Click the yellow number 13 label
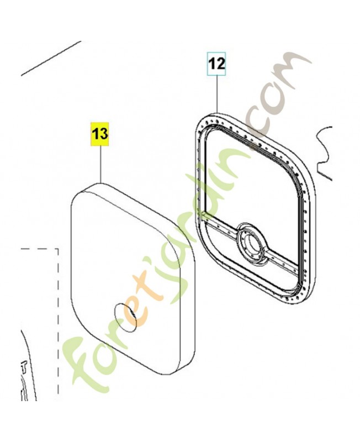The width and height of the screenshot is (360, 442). (x=99, y=134)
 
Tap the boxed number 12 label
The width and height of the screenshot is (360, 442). (x=217, y=64)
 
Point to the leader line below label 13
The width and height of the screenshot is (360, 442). (x=101, y=164)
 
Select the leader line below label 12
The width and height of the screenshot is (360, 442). (x=218, y=93)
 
